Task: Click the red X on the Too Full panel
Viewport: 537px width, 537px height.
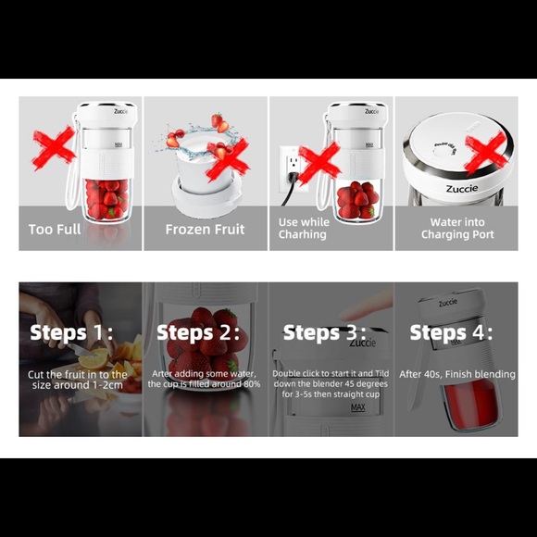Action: pyautogui.click(x=54, y=145)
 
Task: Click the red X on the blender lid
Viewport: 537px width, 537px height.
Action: pyautogui.click(x=486, y=149)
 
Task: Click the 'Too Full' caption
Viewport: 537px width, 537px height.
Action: pyautogui.click(x=55, y=229)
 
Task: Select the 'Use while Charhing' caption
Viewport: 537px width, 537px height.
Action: pyautogui.click(x=303, y=229)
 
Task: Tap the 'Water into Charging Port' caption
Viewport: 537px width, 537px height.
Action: pyautogui.click(x=456, y=229)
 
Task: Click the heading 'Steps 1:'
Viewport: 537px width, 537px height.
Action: pyautogui.click(x=71, y=332)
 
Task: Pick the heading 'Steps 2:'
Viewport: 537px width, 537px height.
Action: pyautogui.click(x=198, y=332)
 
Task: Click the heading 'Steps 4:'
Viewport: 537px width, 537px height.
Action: pyautogui.click(x=451, y=332)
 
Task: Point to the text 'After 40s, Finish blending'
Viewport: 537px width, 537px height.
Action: pyautogui.click(x=456, y=374)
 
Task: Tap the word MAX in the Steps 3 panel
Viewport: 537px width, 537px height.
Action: pyautogui.click(x=358, y=407)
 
